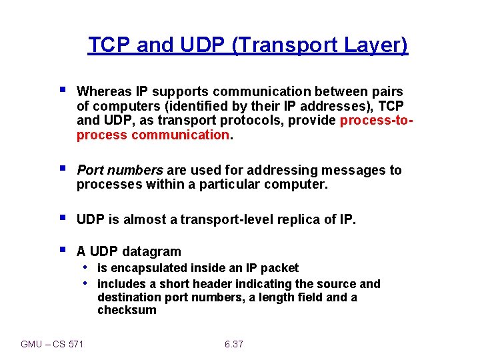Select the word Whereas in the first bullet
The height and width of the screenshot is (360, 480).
(103, 91)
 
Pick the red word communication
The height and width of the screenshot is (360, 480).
(181, 135)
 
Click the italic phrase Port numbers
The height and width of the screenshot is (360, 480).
(120, 170)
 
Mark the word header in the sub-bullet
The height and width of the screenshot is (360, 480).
(209, 284)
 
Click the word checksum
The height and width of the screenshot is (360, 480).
(127, 310)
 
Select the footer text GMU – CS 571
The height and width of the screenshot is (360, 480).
(53, 344)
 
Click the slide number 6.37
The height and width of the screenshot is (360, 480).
(234, 344)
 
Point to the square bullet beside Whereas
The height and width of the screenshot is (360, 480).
(62, 89)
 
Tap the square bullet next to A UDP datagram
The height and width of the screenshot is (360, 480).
(62, 250)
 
